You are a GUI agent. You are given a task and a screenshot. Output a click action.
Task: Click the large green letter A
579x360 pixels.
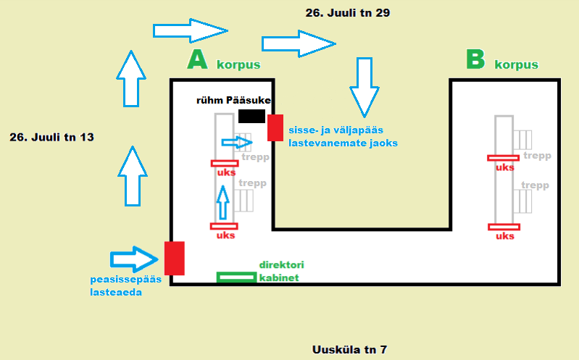tap(197, 59)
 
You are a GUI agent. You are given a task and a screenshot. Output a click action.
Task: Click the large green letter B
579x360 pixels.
tap(475, 59)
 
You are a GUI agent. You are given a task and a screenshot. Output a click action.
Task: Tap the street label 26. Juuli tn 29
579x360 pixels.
tap(348, 13)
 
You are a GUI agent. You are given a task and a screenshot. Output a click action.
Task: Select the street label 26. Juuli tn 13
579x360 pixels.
tap(51, 138)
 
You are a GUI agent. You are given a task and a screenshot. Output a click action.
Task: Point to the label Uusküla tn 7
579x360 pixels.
tap(349, 349)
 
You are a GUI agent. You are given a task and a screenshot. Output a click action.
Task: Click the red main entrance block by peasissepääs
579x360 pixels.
tap(175, 258)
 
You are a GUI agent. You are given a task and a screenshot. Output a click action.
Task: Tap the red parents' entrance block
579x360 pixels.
tap(275, 127)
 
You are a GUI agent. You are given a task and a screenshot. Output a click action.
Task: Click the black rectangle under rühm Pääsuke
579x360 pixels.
tap(252, 116)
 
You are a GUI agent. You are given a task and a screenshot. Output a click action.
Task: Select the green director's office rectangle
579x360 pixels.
tap(237, 277)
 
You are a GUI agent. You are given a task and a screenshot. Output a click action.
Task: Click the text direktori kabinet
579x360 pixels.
tap(281, 271)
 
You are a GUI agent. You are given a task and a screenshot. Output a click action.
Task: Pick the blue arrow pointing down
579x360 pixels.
tap(365, 87)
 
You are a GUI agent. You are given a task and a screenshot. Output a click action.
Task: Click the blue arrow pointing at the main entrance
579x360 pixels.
tap(134, 259)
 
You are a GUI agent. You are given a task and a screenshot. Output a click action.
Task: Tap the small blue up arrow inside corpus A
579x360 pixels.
tap(222, 202)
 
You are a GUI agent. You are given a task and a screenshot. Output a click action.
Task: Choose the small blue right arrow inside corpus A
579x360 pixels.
tap(237, 142)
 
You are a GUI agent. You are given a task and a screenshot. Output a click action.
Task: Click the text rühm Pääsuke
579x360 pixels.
tap(233, 101)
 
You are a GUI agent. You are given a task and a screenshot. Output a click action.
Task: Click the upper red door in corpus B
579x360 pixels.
tap(504, 158)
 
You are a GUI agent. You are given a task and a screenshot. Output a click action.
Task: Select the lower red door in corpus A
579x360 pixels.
tap(224, 226)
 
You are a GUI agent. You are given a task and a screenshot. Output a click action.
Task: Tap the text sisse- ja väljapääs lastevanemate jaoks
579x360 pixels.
tap(343, 136)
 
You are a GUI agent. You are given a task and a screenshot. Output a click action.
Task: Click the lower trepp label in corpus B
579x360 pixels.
tap(535, 185)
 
